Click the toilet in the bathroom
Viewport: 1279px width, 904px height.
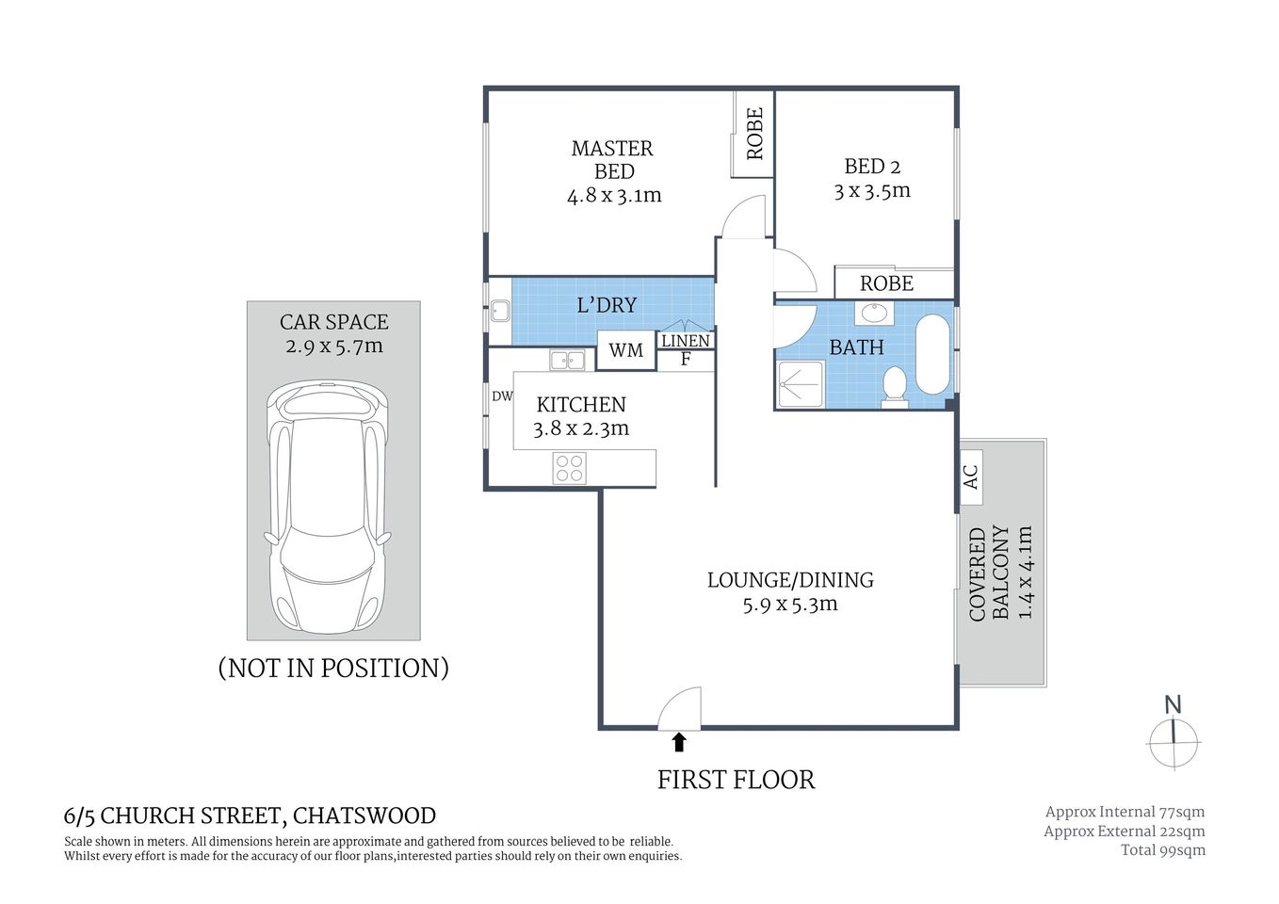[894, 385]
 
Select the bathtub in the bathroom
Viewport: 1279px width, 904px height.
[933, 354]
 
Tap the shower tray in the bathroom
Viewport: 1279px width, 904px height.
[800, 384]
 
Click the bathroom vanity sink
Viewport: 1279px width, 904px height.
[874, 313]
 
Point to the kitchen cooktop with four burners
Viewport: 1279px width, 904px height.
[569, 468]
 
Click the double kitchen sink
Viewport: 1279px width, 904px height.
[567, 359]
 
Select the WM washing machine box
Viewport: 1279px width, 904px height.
[625, 350]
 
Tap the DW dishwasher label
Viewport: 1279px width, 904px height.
[502, 396]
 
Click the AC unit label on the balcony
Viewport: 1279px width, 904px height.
[971, 476]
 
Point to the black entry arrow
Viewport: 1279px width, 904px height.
[678, 742]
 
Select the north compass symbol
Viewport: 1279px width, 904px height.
[1174, 734]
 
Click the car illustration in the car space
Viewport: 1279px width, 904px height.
[328, 508]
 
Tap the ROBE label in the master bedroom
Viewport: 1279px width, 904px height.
[754, 133]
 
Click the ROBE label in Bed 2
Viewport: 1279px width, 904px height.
[886, 283]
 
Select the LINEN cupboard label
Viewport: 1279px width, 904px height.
[685, 341]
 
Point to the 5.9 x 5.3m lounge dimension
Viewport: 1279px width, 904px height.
[789, 605]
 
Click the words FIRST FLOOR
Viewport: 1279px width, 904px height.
[736, 780]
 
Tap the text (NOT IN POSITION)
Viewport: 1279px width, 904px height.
[333, 668]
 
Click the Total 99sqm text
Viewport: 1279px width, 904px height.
[1162, 850]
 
